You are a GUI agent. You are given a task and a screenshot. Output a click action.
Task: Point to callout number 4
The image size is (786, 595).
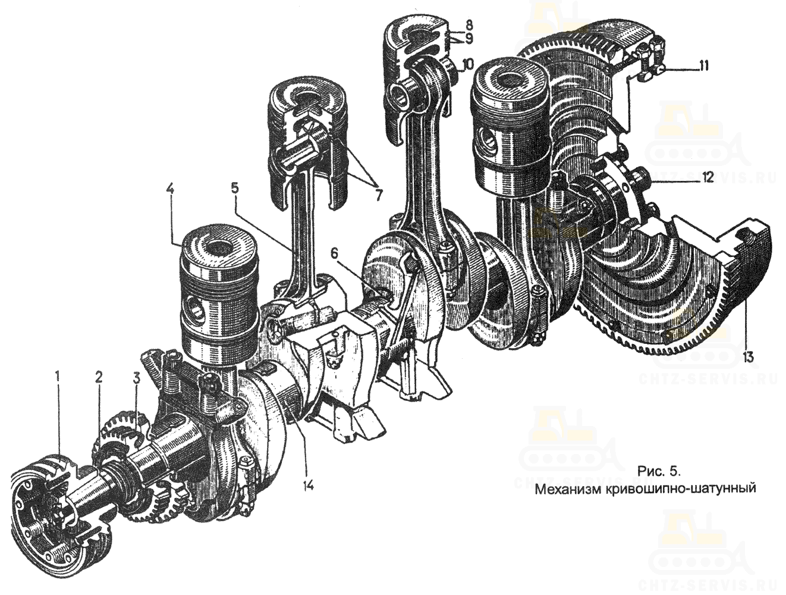170,190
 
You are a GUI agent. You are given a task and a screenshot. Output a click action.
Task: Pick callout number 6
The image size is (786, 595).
334,252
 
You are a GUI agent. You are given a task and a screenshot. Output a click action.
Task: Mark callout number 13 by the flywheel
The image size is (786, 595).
747,357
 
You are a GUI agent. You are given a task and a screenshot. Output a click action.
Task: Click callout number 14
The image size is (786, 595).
307,485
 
